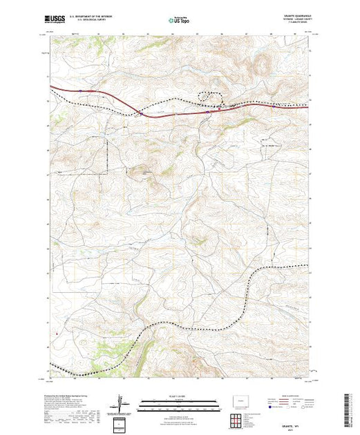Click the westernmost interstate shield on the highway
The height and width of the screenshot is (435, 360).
pyautogui.click(x=81, y=90)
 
